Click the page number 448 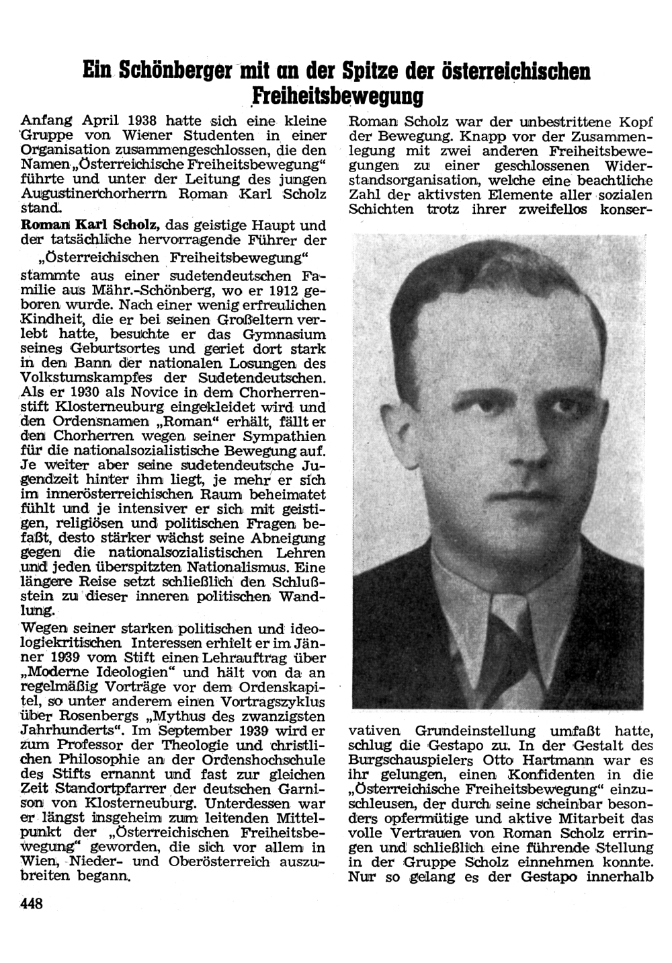32,903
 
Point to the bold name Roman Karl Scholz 93,225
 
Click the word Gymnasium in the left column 282,334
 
